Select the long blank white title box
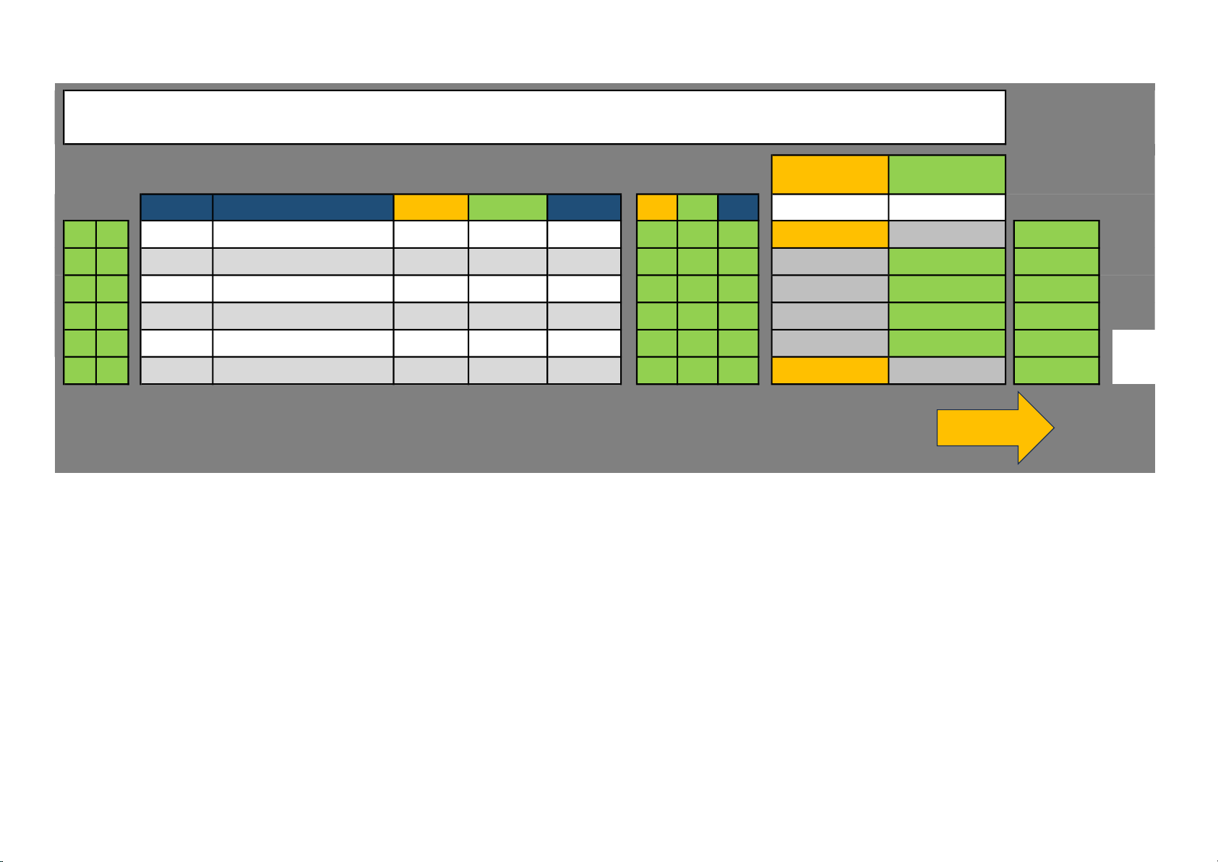click(534, 117)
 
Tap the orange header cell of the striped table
click(431, 208)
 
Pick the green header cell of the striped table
click(507, 208)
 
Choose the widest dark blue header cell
click(303, 208)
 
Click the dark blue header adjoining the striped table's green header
click(584, 208)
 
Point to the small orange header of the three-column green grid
click(656, 208)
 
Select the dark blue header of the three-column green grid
click(738, 208)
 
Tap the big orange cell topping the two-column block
click(830, 174)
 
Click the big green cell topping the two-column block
click(946, 174)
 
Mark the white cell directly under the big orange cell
click(830, 208)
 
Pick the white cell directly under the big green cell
click(946, 208)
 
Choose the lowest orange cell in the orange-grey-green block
click(830, 370)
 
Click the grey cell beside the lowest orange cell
click(946, 370)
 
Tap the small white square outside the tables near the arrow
click(1133, 357)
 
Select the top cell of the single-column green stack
click(1056, 234)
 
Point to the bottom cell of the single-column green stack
click(1056, 370)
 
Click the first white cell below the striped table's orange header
click(431, 234)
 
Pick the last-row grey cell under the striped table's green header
click(507, 370)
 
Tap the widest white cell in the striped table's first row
click(303, 234)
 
